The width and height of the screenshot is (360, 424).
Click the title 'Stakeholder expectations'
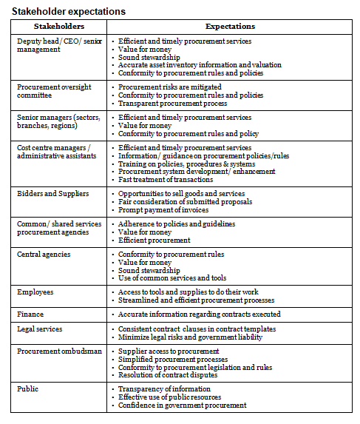64,12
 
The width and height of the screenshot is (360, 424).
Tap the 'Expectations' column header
231,26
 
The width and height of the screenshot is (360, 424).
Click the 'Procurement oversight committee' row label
54,91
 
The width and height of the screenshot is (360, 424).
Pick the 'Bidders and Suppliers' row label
52,193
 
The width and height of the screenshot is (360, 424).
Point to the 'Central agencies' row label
45,254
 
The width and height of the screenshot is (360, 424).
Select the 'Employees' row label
35,292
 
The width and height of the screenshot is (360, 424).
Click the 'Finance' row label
31,314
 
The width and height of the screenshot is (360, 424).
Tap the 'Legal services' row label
40,329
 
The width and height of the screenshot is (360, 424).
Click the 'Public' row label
28,388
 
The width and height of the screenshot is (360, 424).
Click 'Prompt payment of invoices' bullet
164,209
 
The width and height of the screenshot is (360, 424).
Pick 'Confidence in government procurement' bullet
182,405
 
